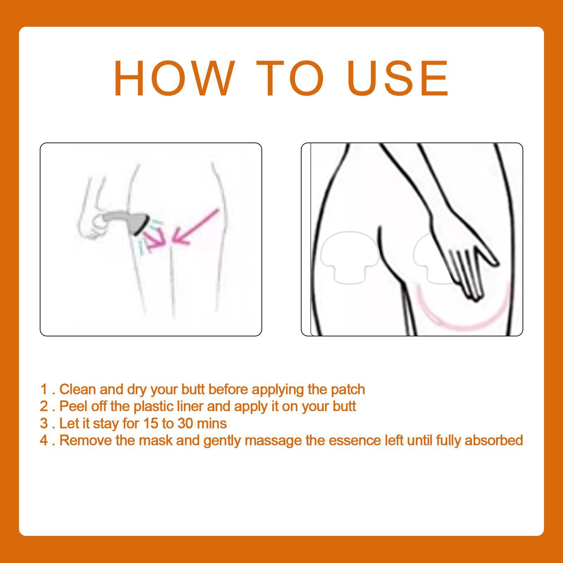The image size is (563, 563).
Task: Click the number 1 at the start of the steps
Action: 44,390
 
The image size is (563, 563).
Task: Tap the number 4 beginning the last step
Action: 44,440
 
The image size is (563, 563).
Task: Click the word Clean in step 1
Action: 77,390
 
